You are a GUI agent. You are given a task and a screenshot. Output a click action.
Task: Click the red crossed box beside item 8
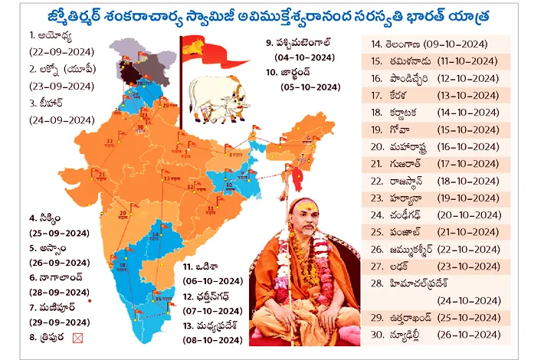coord(76,335)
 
